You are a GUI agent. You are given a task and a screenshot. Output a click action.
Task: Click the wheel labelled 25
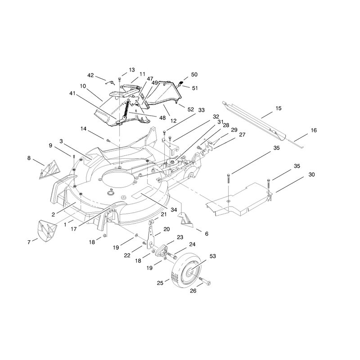click(x=186, y=270)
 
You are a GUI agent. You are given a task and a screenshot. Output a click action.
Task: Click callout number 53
click(x=213, y=256)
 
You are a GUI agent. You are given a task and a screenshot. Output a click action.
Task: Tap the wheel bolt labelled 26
click(x=205, y=281)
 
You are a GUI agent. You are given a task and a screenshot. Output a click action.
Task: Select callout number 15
click(x=279, y=108)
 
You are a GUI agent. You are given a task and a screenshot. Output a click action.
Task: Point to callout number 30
click(x=311, y=175)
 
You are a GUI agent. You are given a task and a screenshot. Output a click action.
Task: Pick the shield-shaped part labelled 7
click(x=47, y=231)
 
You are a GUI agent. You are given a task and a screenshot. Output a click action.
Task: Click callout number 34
click(x=174, y=210)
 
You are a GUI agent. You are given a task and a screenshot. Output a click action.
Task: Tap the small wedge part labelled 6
click(x=186, y=220)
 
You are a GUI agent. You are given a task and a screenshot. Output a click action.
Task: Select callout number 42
click(x=91, y=75)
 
